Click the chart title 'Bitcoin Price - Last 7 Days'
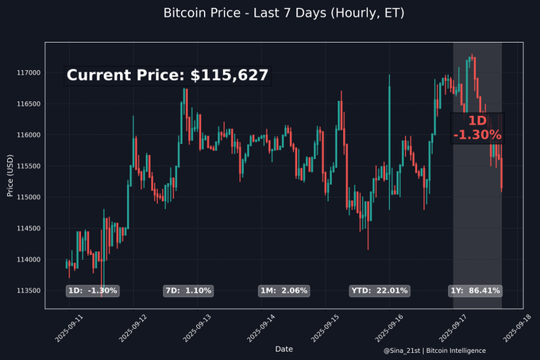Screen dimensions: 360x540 270,13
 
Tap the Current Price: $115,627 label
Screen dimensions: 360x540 168,75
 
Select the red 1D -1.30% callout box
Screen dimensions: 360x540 477,127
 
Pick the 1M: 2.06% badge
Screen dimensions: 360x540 283,291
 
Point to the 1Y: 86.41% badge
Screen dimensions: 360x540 475,291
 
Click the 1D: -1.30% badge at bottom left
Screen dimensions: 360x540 92,291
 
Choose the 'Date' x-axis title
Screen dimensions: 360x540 283,349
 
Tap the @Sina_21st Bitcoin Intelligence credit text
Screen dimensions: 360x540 434,350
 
